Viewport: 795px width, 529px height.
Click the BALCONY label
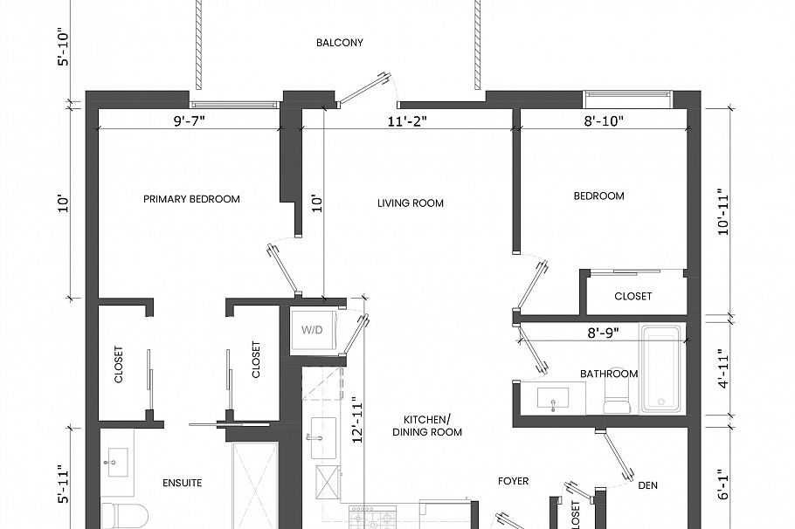point(340,43)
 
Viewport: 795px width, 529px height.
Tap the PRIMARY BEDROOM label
point(191,199)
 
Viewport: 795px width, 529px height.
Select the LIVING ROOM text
point(410,203)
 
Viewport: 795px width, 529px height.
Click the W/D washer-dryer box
point(312,331)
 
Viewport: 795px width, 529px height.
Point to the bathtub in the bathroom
point(661,369)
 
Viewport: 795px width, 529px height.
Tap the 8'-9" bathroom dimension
point(604,333)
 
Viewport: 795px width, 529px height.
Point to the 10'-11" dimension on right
point(722,210)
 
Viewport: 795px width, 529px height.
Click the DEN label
point(648,485)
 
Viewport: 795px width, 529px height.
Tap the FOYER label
point(514,481)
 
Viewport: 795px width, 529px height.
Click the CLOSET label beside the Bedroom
point(633,297)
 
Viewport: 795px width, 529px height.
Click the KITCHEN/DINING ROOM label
point(427,425)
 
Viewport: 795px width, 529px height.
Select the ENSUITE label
point(183,482)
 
